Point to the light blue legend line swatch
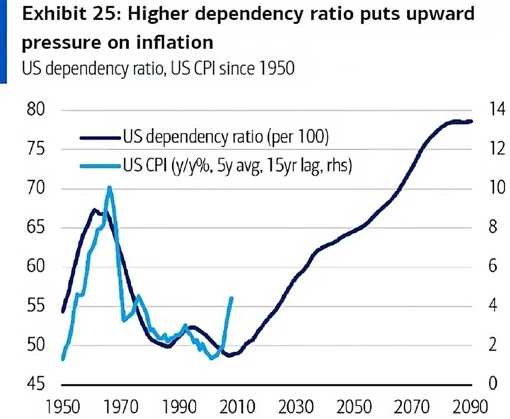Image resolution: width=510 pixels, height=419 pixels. click(100, 165)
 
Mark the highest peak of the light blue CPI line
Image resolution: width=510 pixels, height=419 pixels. click(109, 188)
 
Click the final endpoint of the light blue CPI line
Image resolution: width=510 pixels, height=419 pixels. click(231, 298)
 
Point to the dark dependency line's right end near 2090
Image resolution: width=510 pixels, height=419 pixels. click(471, 121)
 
